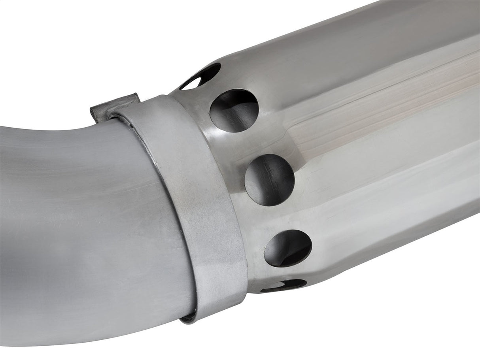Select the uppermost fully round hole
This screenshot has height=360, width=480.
[234, 110]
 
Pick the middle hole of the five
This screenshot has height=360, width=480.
[270, 180]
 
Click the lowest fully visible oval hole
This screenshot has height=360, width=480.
[288, 248]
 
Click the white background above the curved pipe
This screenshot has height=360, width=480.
[59, 59]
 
